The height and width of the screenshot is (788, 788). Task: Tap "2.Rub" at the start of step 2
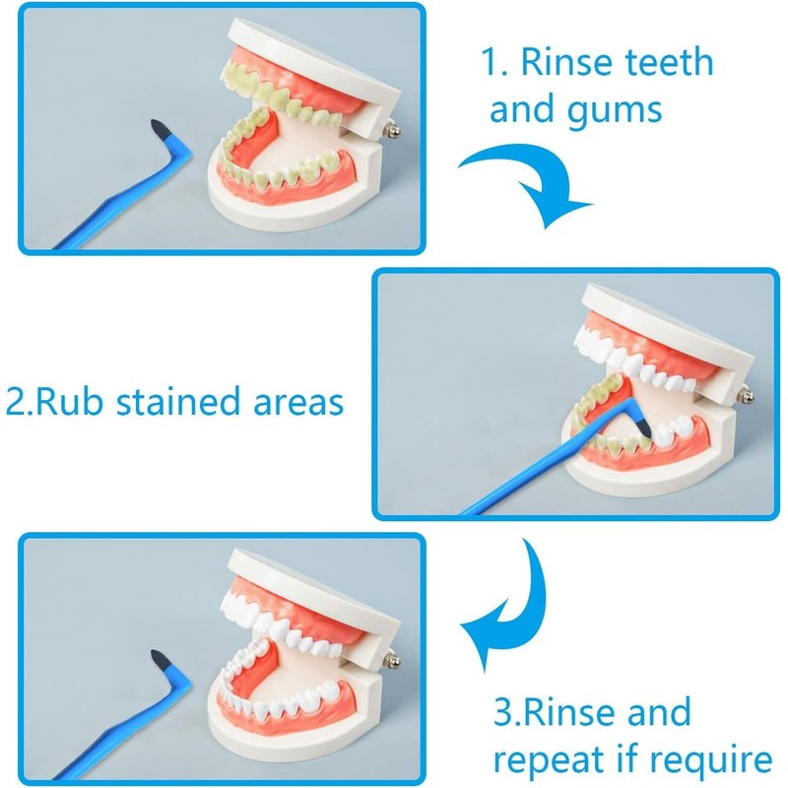[55, 403]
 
